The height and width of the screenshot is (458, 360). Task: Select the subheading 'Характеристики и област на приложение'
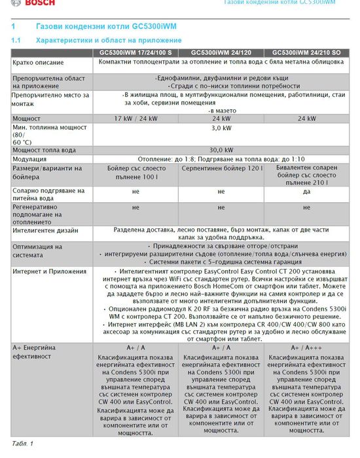(108, 41)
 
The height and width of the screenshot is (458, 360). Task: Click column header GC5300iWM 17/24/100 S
(135, 52)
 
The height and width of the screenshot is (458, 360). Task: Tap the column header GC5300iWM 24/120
(221, 52)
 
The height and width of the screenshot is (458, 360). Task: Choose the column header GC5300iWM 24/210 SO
(306, 52)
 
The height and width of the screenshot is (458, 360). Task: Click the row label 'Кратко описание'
(38, 63)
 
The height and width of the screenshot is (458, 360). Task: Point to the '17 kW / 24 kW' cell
(135, 118)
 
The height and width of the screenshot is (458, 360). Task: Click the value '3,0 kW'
(221, 128)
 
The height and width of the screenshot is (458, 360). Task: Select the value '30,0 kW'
(221, 150)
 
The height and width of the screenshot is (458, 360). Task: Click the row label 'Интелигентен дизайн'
(45, 230)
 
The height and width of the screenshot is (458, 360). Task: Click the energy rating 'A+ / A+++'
(307, 347)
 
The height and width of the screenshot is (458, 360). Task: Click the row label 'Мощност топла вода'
(45, 150)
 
